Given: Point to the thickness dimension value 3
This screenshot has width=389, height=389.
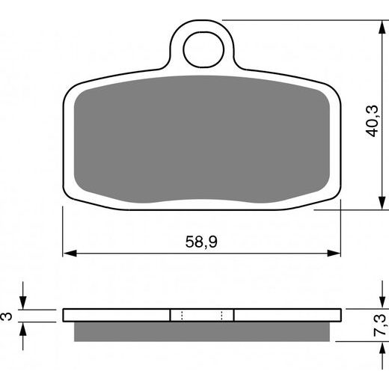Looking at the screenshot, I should coord(8,316).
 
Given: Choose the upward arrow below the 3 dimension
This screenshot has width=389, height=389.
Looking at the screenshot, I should coord(23,330).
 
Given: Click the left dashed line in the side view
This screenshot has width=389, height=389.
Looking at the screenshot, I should coord(182,315).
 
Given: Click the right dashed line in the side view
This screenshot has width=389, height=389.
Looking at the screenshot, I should coord(221,315).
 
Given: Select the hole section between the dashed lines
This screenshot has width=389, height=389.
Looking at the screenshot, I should coord(202,315).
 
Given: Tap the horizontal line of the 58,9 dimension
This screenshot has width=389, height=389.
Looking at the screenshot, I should coord(150,253).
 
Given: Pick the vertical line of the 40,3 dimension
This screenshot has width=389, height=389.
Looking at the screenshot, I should coord(373,75).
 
